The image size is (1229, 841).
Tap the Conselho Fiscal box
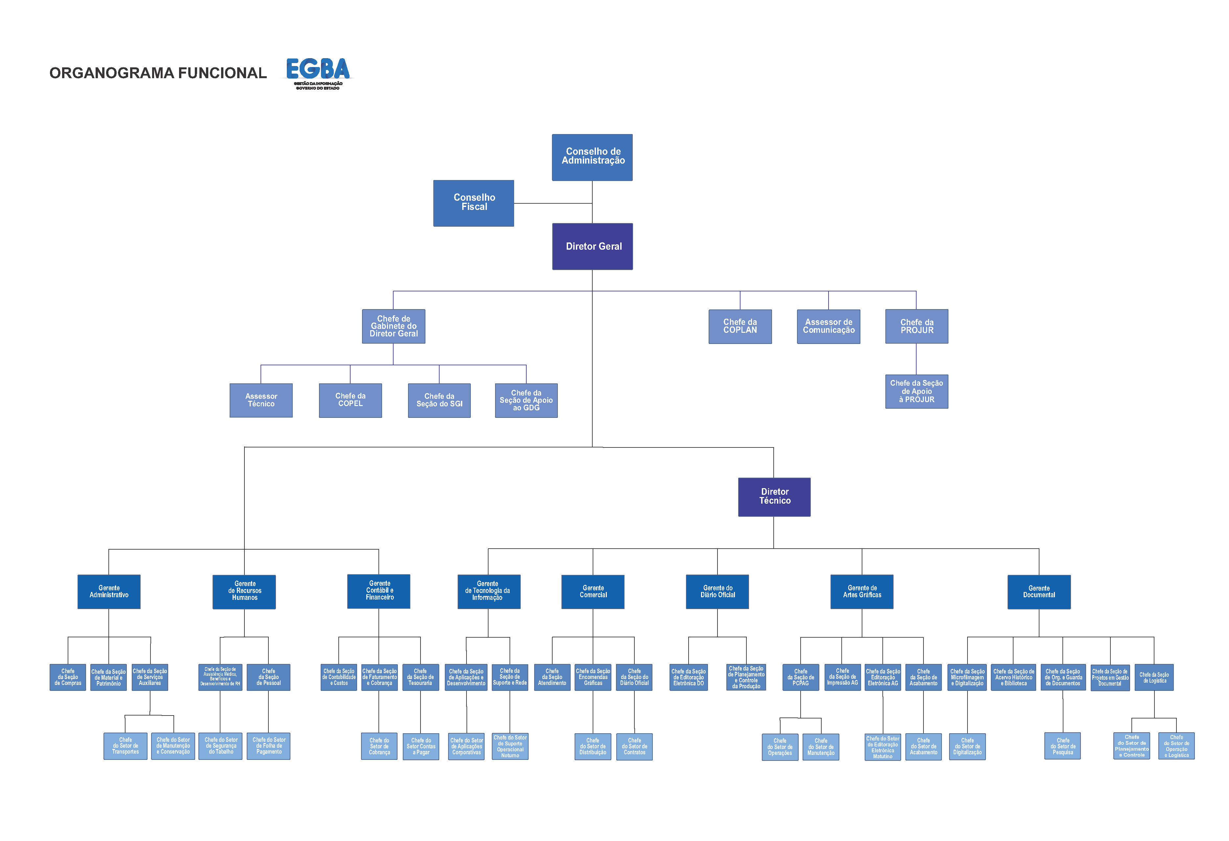point(473,203)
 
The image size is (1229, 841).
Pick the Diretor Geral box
point(592,246)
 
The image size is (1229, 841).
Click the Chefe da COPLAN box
point(740,326)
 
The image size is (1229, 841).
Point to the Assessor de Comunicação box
point(828,326)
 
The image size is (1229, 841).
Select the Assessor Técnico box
point(261,400)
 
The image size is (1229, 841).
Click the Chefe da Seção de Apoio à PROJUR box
point(917,391)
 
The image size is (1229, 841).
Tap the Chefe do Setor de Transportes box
point(125,746)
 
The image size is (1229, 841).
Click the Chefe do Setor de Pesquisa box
point(1062,746)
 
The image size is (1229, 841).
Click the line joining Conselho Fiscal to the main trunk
point(553,203)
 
